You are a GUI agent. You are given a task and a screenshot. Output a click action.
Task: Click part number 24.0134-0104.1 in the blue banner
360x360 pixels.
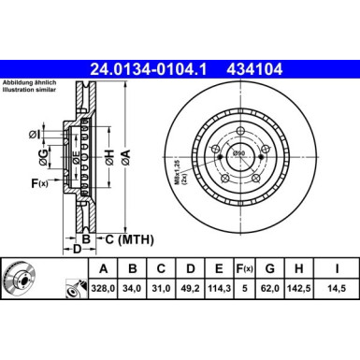[x=148, y=69]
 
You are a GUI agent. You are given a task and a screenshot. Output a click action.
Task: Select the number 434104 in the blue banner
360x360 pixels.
[x=254, y=69]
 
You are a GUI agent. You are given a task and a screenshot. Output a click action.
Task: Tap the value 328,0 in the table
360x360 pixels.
[x=103, y=288]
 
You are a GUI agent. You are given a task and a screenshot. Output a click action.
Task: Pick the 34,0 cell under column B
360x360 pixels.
[x=132, y=288]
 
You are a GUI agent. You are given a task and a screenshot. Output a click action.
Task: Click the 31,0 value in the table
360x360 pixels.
[x=161, y=288]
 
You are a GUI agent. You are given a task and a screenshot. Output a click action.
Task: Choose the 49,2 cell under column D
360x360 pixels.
[x=190, y=288]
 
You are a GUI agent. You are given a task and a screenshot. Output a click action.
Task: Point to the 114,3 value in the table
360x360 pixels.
[x=219, y=288]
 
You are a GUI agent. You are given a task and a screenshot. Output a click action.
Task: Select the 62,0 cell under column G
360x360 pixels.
[x=270, y=288]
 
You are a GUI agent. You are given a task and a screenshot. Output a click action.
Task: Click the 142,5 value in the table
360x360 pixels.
[x=299, y=288]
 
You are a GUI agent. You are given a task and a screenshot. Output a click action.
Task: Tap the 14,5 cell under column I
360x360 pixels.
[x=337, y=288]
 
